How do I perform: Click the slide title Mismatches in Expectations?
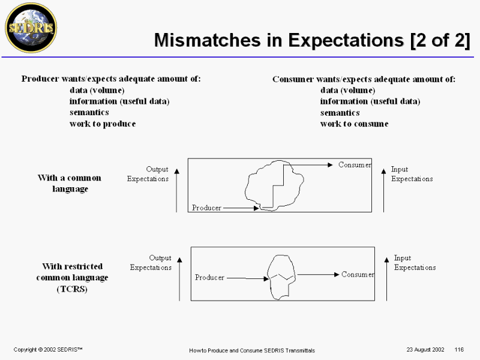tap(312, 40)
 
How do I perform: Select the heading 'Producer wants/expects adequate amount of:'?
tap(111, 79)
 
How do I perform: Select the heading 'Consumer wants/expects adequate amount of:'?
tap(364, 79)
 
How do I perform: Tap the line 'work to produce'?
tap(103, 124)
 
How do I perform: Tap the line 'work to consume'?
tap(354, 124)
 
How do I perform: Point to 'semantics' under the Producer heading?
tap(89, 112)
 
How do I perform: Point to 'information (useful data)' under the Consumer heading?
tap(370, 101)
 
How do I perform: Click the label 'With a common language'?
tap(70, 183)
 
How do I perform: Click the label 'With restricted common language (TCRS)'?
tap(72, 277)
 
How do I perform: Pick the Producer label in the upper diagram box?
tap(206, 208)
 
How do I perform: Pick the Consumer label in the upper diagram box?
tap(355, 164)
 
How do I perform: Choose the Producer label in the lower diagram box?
tap(210, 278)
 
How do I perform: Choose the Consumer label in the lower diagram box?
tap(358, 274)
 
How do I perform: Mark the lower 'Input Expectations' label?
tap(415, 263)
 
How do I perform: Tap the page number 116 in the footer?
tap(460, 349)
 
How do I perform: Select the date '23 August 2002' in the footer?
tap(425, 349)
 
